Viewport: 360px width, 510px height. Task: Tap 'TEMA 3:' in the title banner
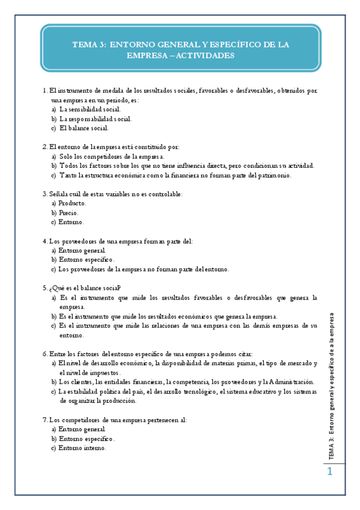tap(90, 44)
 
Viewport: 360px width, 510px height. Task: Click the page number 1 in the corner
tap(329, 473)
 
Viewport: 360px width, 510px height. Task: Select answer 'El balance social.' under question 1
tap(84, 128)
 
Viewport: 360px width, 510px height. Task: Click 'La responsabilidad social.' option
tap(96, 119)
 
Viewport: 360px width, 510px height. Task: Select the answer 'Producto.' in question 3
tap(73, 203)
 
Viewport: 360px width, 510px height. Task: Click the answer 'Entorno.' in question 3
tap(72, 222)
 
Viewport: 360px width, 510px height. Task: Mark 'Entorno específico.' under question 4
tap(87, 260)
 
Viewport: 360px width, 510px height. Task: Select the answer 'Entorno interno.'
tap(83, 448)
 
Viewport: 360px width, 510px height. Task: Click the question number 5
tap(45, 287)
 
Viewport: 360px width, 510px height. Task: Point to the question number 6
tap(45, 354)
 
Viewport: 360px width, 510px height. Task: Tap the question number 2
tap(45, 147)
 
